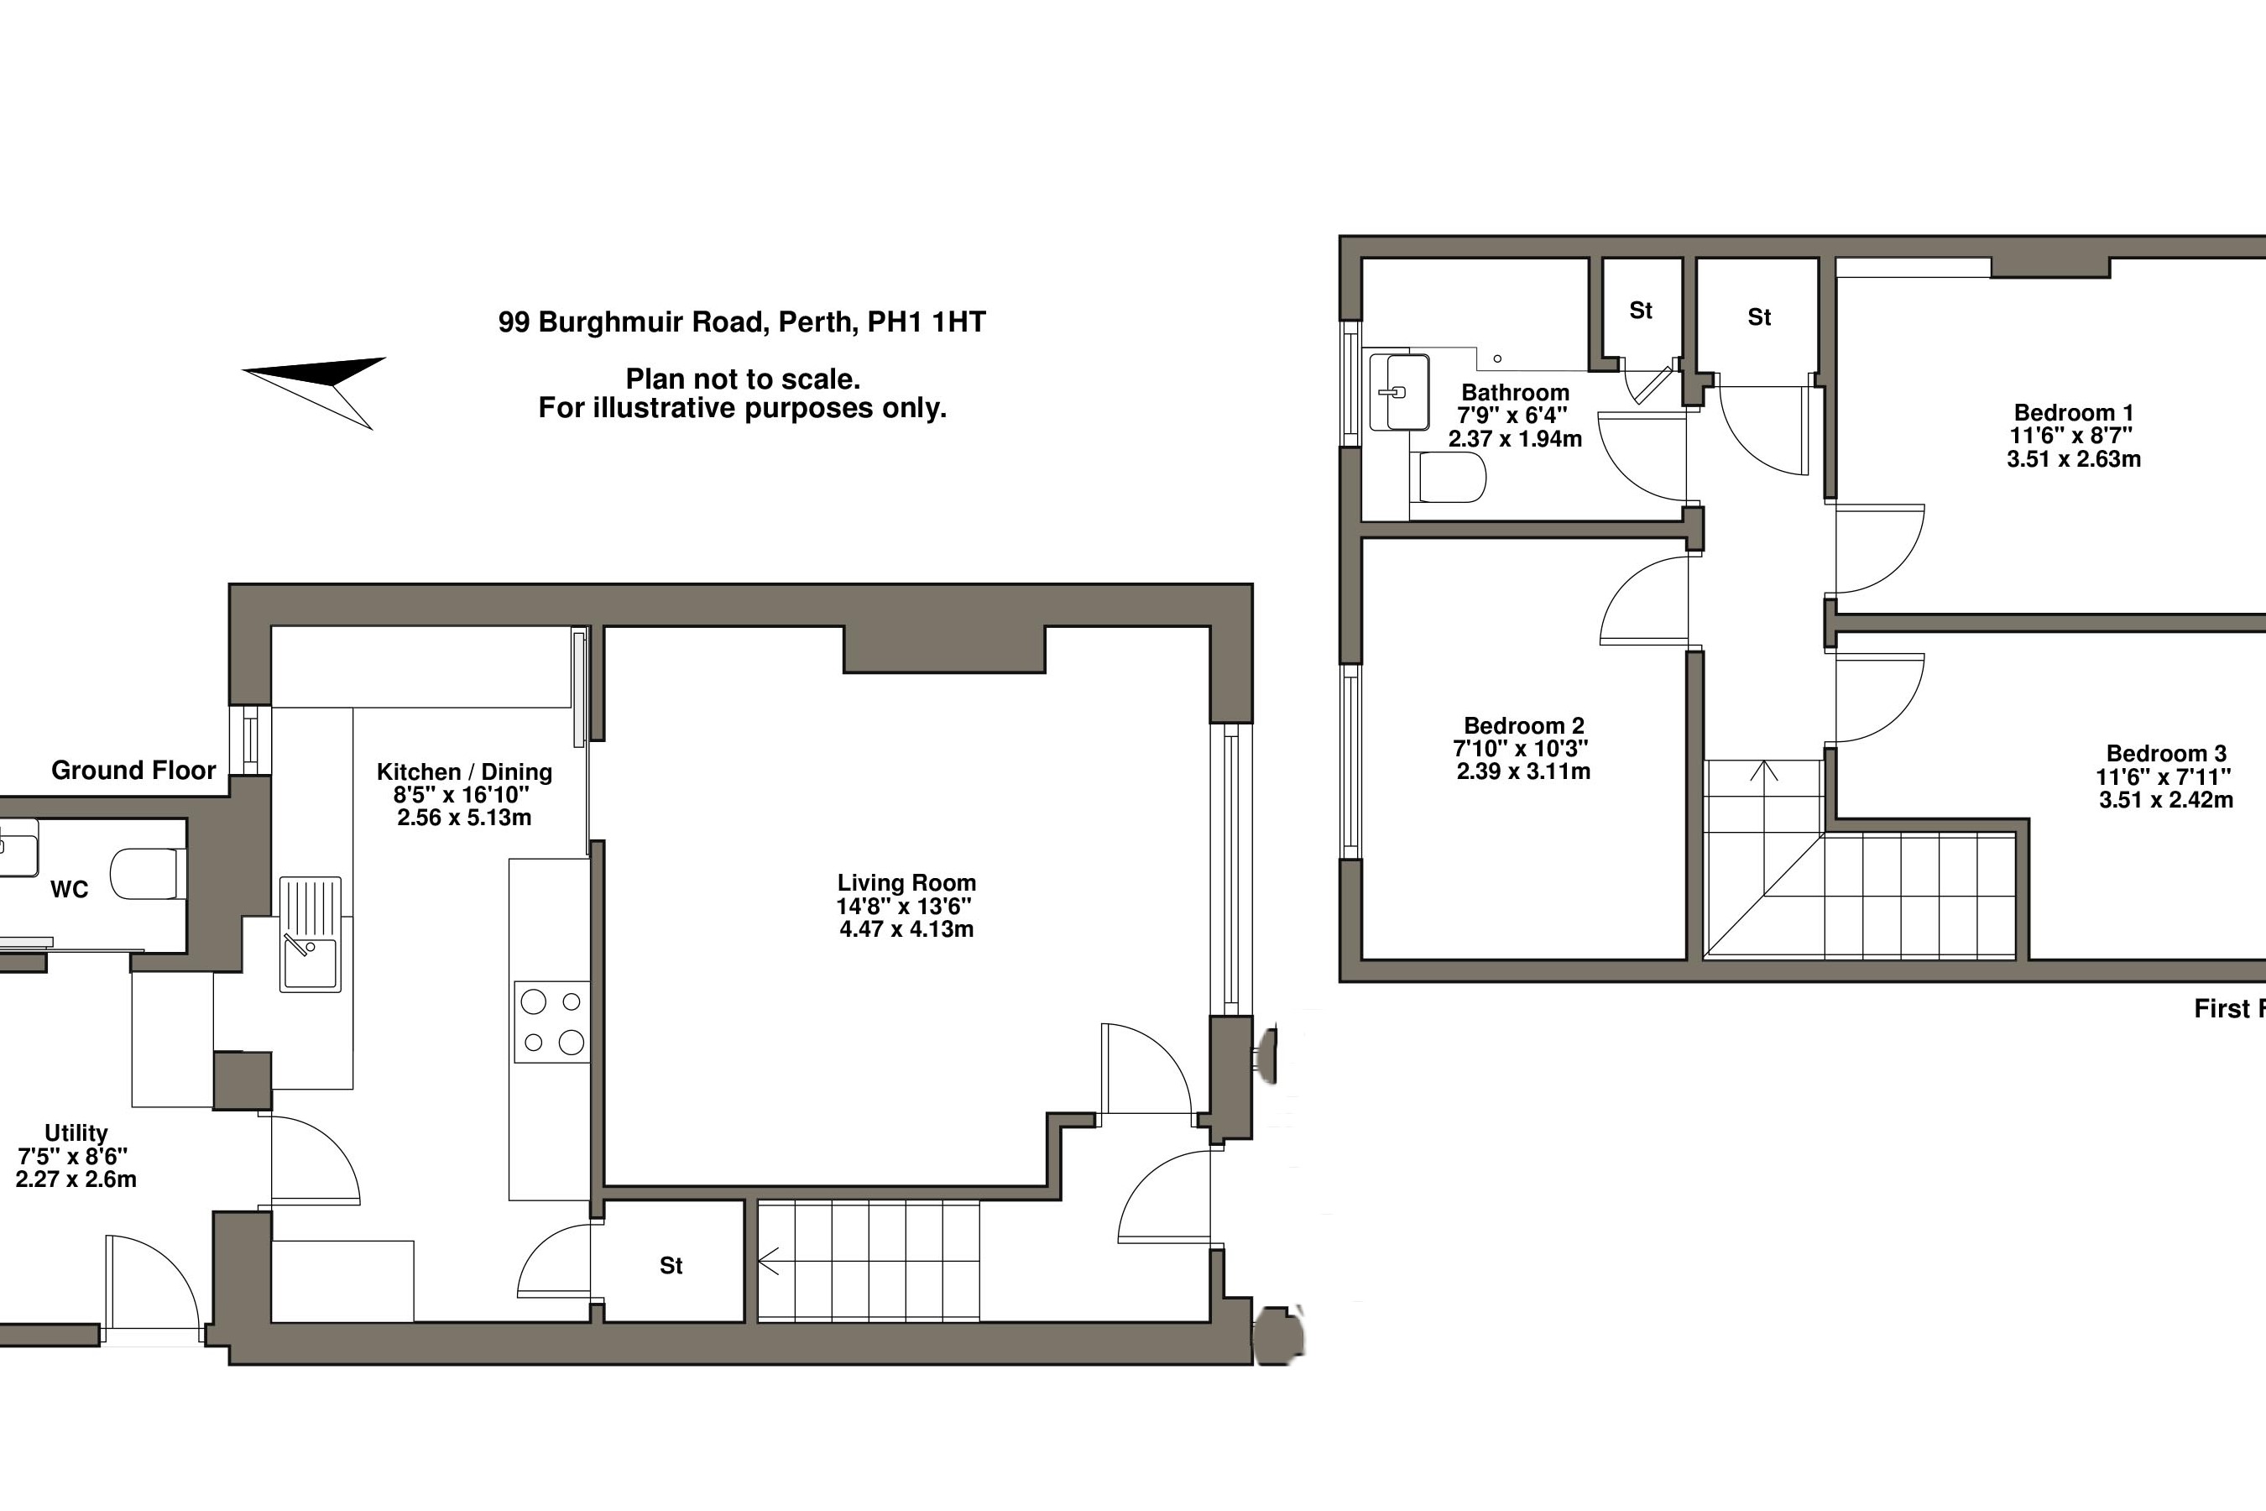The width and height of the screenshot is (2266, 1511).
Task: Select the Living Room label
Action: click(x=906, y=883)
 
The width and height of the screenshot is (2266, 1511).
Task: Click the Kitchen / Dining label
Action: click(x=464, y=772)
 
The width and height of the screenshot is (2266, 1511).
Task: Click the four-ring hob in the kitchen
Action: click(x=552, y=1022)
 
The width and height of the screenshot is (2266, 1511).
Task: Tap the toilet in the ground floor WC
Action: click(x=149, y=873)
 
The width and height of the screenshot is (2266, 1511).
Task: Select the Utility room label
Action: click(x=76, y=1133)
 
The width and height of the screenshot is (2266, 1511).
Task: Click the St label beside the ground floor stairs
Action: click(x=671, y=1265)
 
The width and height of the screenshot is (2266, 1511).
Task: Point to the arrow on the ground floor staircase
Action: click(x=769, y=1261)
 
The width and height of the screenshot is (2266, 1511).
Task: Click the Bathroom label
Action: click(x=1516, y=392)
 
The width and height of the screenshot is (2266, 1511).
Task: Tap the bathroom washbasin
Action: click(x=1400, y=392)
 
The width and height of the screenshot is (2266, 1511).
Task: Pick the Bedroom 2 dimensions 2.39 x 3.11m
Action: click(x=1523, y=771)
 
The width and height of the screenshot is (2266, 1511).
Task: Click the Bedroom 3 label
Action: click(x=2167, y=754)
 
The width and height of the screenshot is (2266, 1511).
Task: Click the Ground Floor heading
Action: click(x=134, y=770)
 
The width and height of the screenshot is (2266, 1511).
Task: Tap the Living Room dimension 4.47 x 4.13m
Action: click(x=906, y=929)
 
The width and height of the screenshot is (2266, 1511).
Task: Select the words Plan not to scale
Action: click(x=743, y=379)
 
